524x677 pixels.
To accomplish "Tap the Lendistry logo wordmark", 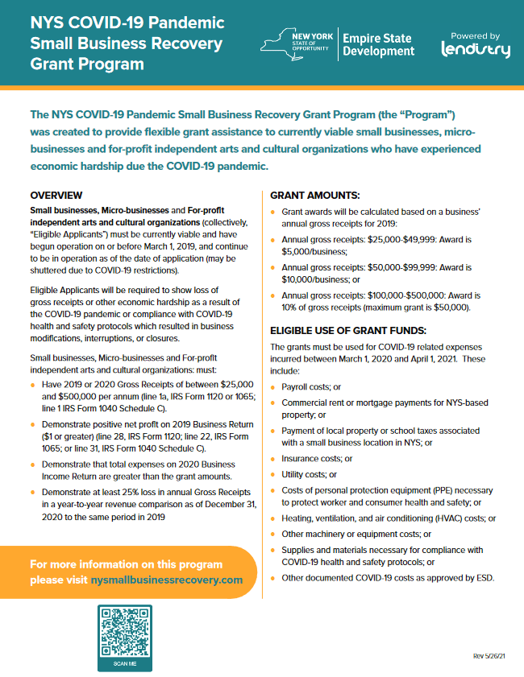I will [476, 50].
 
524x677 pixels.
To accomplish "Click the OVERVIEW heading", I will [56, 195].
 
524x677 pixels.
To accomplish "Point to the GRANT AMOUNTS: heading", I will [314, 196].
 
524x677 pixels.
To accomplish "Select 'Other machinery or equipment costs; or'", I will [356, 534].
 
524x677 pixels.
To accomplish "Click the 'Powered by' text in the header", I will [475, 35].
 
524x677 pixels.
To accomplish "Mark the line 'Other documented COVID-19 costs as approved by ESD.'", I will [388, 577].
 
